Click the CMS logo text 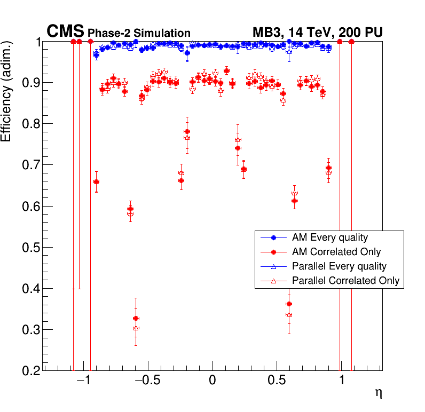click(66, 31)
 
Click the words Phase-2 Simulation click(139, 33)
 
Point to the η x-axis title click(378, 394)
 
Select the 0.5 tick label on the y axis click(26, 248)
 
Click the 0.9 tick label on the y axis click(26, 83)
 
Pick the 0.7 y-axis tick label click(26, 165)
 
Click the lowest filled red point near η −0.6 click(136, 319)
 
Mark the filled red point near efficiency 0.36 click(289, 304)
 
